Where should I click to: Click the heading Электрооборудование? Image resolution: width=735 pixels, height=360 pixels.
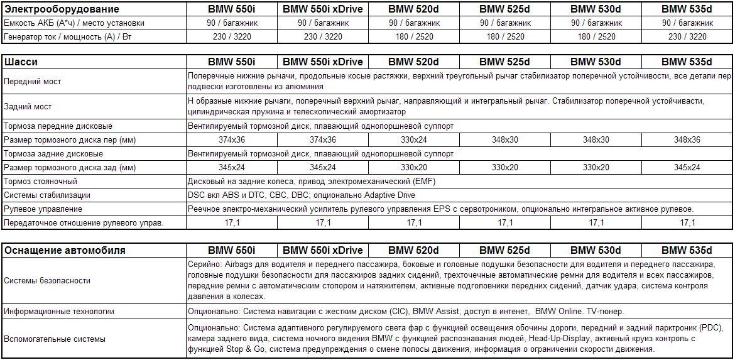pyautogui.click(x=62, y=9)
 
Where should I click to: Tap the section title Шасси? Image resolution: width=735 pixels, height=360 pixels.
pyautogui.click(x=21, y=62)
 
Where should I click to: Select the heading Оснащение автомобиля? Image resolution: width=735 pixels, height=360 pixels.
pyautogui.click(x=65, y=250)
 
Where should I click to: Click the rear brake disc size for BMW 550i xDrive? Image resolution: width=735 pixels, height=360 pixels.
pyautogui.click(x=322, y=168)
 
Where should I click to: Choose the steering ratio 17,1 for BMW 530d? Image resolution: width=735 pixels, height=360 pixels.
pyautogui.click(x=596, y=222)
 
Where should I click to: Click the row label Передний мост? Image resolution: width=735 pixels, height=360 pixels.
pyautogui.click(x=33, y=82)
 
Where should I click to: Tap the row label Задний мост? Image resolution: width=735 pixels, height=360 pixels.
pyautogui.click(x=28, y=106)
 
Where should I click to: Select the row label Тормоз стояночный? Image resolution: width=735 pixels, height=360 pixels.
pyautogui.click(x=40, y=182)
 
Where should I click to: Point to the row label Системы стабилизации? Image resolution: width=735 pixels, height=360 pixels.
pyautogui.click(x=47, y=195)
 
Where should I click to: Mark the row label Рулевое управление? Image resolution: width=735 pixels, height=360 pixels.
pyautogui.click(x=43, y=209)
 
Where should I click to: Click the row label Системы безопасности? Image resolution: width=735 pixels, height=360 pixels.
pyautogui.click(x=47, y=280)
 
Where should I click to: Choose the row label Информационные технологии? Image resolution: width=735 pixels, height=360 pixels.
pyautogui.click(x=59, y=311)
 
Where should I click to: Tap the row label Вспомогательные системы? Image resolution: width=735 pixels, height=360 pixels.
pyautogui.click(x=55, y=339)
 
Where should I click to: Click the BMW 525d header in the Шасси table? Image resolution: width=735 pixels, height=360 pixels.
pyautogui.click(x=504, y=62)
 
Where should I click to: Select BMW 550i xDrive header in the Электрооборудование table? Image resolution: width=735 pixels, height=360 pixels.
pyautogui.click(x=322, y=9)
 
